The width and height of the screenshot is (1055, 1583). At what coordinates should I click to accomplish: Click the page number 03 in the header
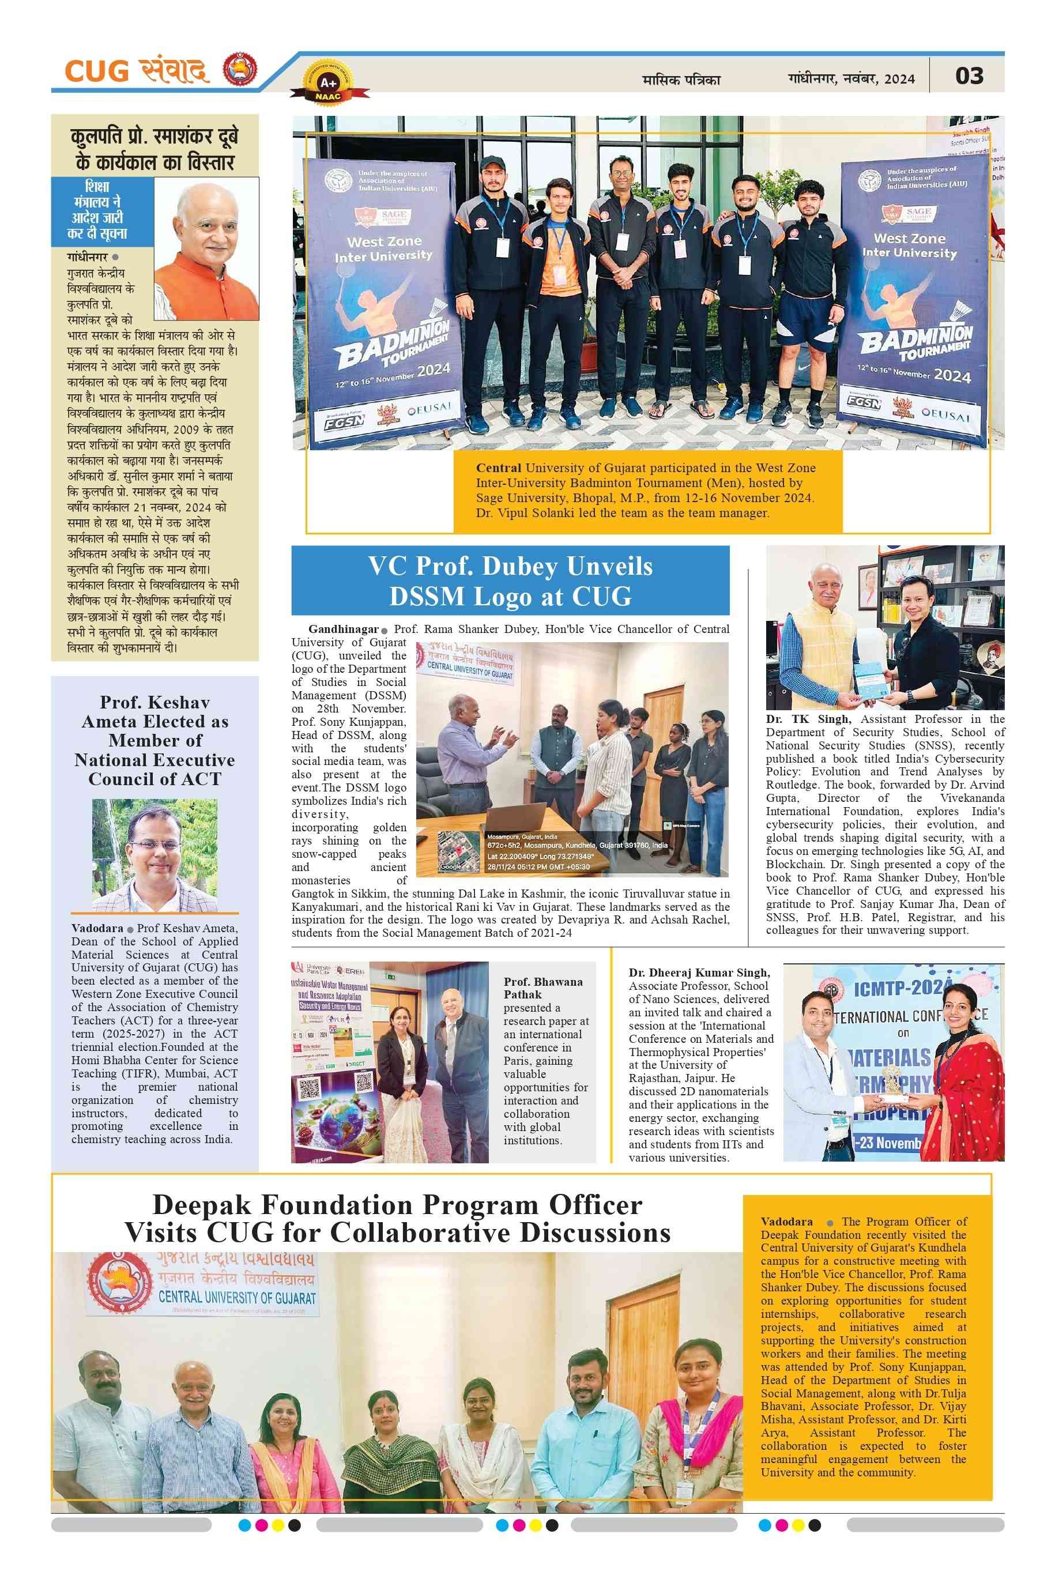(x=969, y=76)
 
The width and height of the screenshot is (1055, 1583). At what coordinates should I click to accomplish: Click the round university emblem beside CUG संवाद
(x=240, y=69)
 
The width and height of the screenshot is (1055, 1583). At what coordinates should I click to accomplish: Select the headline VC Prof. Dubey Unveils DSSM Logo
(x=510, y=581)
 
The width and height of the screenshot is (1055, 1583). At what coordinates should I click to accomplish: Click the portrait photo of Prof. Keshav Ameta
(x=154, y=855)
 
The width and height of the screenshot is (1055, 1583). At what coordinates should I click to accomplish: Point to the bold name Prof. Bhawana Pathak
(x=542, y=988)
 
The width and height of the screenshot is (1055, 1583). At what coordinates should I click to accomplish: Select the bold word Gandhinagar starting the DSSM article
(x=342, y=629)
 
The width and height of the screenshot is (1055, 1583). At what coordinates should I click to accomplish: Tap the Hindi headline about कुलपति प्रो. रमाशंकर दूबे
(x=154, y=149)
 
